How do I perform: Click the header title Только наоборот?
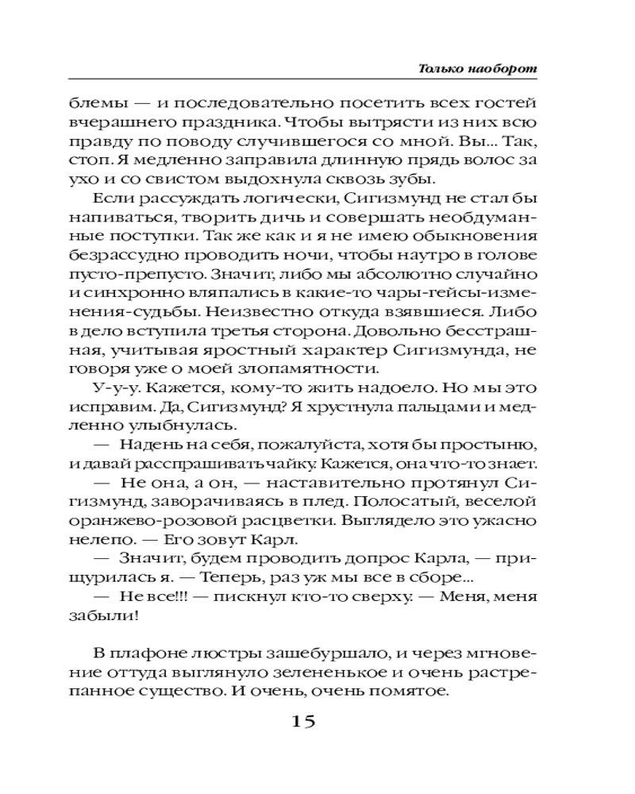pos(478,69)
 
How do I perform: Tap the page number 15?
pos(305,722)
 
